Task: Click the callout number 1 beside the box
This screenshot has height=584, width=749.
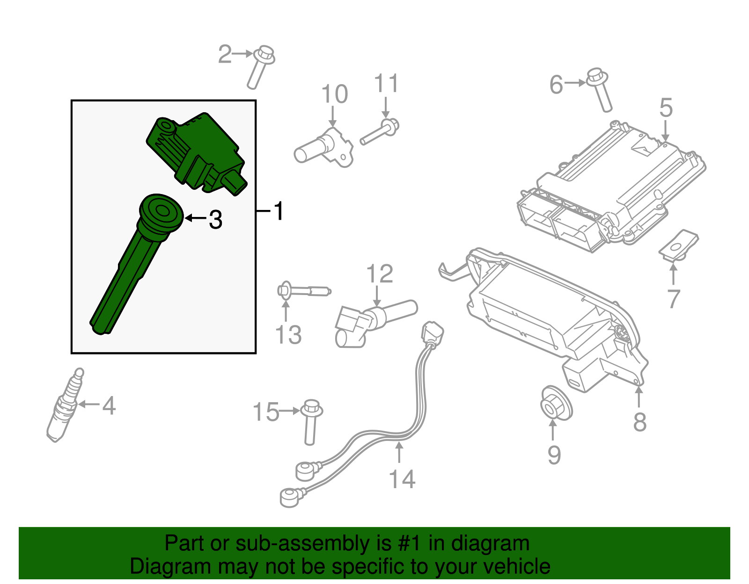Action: pos(279,211)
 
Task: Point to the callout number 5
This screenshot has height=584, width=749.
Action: pos(666,108)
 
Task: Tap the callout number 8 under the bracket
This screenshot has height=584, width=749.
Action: pos(640,422)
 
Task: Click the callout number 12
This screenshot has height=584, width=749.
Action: pos(379,274)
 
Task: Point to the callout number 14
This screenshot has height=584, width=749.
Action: pos(402,480)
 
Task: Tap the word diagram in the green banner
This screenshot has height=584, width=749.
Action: pos(490,544)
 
